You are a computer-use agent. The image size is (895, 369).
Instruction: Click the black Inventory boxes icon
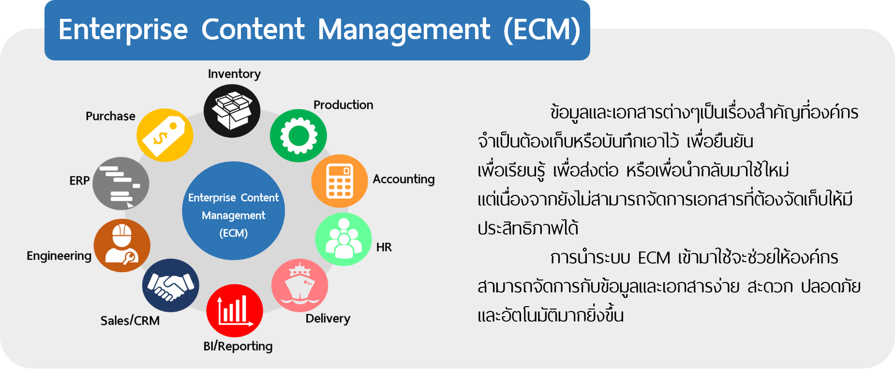232,111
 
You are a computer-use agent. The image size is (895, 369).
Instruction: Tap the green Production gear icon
298,135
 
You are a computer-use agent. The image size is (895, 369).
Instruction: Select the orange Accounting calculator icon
340,181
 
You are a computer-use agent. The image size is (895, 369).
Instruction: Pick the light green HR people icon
343,239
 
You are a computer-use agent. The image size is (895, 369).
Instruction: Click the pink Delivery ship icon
300,285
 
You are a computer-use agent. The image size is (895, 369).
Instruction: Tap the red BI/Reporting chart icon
235,310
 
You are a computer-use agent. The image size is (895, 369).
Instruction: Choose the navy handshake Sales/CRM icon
171,285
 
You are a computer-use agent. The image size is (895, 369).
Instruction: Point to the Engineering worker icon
122,245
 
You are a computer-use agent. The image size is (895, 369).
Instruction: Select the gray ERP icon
121,183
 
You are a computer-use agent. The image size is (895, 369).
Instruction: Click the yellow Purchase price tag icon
165,135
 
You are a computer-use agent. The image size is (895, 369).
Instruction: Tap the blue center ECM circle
234,211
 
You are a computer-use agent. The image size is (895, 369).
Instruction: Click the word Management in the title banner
404,30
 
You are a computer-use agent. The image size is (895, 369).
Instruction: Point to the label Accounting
403,179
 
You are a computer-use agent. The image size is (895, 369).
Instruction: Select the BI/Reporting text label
238,346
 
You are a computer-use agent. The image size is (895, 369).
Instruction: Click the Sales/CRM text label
130,321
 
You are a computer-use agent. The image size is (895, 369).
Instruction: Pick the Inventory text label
234,74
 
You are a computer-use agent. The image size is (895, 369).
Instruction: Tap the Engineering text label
59,256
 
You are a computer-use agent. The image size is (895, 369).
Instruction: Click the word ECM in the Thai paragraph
654,258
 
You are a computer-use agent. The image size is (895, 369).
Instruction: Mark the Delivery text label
328,319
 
